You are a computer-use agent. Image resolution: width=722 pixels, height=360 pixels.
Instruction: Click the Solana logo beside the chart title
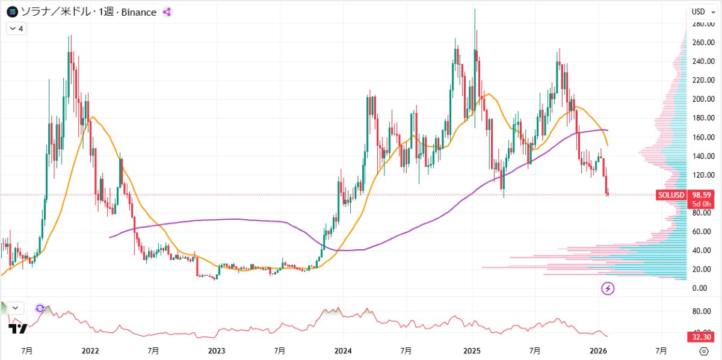tap(11, 12)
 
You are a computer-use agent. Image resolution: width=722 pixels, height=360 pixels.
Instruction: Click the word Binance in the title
tap(139, 12)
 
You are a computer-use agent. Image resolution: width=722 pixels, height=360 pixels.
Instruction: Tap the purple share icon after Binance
tap(167, 12)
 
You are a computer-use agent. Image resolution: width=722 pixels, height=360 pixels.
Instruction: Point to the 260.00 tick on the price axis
tap(703, 43)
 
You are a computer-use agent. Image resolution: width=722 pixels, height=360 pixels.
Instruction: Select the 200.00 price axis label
tap(703, 99)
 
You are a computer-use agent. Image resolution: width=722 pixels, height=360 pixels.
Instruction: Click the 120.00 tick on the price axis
tap(703, 175)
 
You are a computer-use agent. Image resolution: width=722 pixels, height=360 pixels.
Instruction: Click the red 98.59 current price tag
tap(703, 195)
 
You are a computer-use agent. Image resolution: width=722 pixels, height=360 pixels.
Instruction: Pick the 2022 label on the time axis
tap(90, 350)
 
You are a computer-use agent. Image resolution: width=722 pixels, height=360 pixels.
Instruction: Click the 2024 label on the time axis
tap(343, 350)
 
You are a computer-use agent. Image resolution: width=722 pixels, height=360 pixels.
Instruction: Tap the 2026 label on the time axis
tap(598, 350)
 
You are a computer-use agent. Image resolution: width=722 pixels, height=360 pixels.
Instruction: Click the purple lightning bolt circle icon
tap(608, 289)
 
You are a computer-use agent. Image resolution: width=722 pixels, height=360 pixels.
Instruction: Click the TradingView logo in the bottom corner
tap(17, 329)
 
